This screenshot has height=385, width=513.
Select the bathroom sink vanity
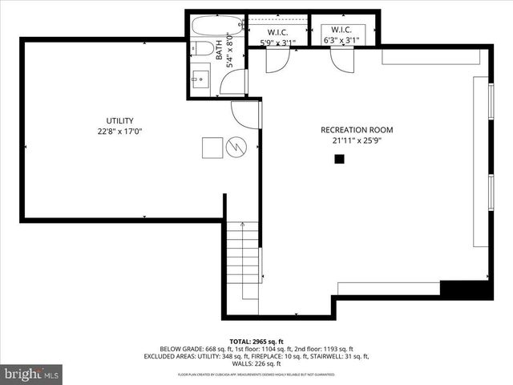(200, 79)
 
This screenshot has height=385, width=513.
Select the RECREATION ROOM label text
(357, 130)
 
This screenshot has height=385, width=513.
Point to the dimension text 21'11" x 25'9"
(357, 141)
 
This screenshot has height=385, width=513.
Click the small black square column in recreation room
(339, 159)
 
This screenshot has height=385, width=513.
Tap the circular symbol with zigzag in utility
(236, 147)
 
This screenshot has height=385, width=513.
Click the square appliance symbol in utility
(212, 148)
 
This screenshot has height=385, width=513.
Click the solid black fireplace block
(466, 290)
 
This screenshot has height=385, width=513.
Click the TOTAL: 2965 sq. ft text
(256, 340)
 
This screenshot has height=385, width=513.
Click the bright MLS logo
(32, 374)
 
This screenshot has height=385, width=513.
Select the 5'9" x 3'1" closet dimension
(277, 42)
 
